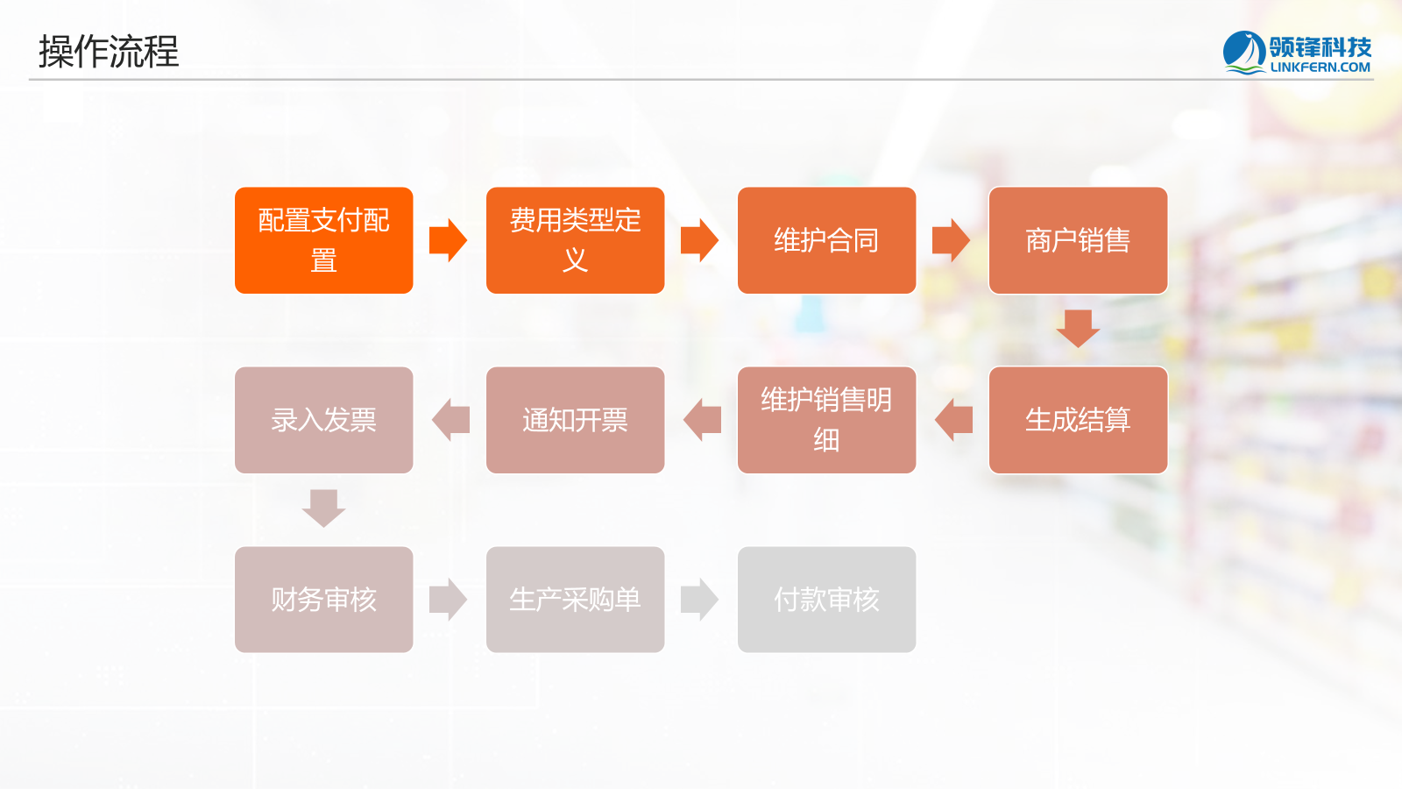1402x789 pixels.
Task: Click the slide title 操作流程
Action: click(109, 52)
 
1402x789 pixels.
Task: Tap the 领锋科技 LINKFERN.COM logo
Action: click(1297, 53)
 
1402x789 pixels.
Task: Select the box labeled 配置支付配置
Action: click(323, 240)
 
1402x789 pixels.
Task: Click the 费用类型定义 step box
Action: click(575, 240)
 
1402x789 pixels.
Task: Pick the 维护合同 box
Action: click(826, 240)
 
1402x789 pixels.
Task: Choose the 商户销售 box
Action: click(1078, 240)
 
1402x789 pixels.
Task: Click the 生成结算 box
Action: click(1078, 420)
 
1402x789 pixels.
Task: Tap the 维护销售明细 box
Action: click(826, 420)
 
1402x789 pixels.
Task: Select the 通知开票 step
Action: click(575, 420)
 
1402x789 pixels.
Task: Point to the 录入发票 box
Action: click(323, 420)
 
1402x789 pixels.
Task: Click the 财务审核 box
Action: click(323, 600)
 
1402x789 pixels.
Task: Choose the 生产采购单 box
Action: click(575, 600)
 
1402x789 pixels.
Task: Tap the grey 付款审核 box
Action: click(826, 600)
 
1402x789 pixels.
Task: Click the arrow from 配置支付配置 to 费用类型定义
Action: click(449, 240)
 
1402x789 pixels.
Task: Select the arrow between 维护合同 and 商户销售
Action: click(951, 240)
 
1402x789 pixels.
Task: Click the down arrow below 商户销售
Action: click(1078, 329)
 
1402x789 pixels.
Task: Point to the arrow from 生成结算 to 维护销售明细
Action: click(953, 420)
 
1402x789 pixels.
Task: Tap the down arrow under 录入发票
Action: click(323, 508)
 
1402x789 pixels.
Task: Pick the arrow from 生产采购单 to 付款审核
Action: click(700, 600)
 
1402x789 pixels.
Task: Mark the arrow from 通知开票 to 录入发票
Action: click(450, 420)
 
